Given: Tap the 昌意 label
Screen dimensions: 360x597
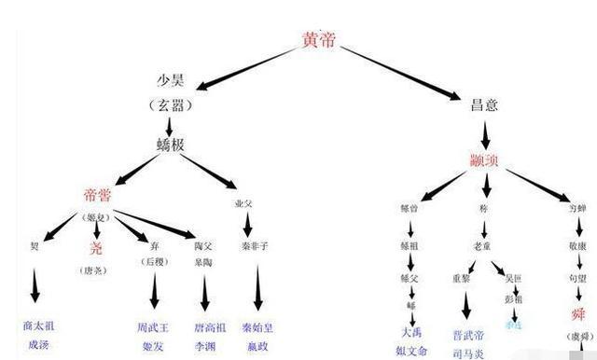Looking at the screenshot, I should pos(484,104).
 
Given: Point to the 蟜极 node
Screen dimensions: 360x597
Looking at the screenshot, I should pos(176,145).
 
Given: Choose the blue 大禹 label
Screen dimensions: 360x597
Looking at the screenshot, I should pos(411,331).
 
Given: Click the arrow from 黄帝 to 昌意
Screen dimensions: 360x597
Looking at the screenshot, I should pos(400,74).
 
